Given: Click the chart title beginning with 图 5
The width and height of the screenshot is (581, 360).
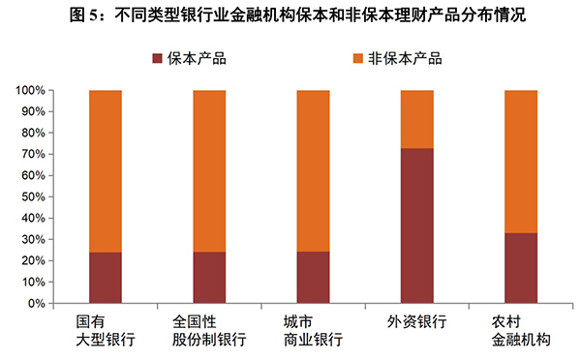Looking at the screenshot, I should (290, 16).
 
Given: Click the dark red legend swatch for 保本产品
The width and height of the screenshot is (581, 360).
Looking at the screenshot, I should (160, 58).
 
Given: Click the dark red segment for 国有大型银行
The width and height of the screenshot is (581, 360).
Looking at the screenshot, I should (106, 278).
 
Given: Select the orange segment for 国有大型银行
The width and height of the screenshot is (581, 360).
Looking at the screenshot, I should (106, 171).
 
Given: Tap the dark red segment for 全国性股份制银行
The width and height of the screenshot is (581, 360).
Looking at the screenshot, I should (209, 278).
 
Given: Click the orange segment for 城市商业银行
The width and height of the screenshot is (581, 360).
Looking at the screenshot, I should (313, 171).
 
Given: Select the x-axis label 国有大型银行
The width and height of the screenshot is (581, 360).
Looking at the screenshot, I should (106, 330).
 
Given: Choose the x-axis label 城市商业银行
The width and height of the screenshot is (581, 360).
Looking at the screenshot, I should (313, 330).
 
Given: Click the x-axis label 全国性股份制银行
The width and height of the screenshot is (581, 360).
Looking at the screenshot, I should (209, 330).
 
